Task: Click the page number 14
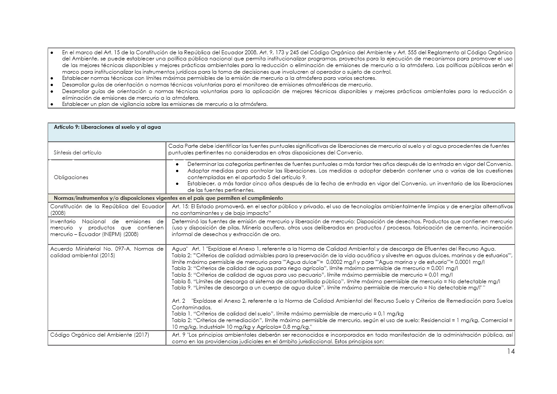[x=511, y=351]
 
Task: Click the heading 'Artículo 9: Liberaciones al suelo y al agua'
[x=107, y=127]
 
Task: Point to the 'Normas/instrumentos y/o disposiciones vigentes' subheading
[x=168, y=198]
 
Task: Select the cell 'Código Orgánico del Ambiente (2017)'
[x=99, y=335]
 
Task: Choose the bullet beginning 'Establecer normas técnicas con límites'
[x=219, y=78]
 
